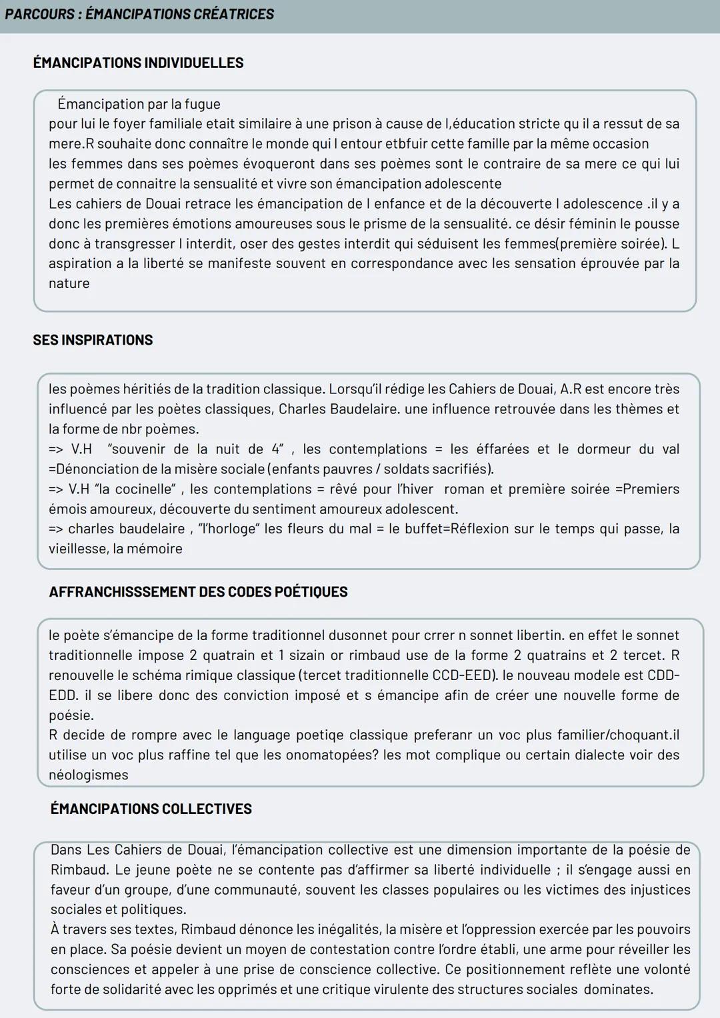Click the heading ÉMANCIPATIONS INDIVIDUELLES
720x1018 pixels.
tap(138, 63)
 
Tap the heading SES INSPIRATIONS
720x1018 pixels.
tap(93, 340)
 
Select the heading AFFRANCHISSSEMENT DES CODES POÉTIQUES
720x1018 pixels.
tap(198, 592)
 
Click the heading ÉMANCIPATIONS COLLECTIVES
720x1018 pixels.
tap(151, 809)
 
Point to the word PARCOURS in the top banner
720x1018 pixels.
tap(39, 14)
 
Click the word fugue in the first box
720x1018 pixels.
tap(203, 104)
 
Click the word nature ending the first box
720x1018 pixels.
tap(69, 283)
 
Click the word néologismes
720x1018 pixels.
tap(88, 775)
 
